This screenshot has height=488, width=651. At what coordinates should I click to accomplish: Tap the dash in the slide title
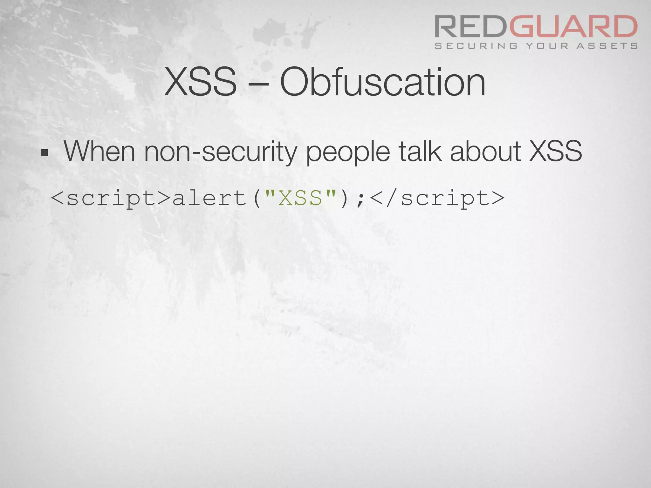pos(258,83)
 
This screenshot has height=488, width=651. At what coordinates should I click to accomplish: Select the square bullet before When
pos(44,153)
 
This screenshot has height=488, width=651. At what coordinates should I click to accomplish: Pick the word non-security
pos(220,152)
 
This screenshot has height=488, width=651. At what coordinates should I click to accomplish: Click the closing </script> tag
pos(437,199)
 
